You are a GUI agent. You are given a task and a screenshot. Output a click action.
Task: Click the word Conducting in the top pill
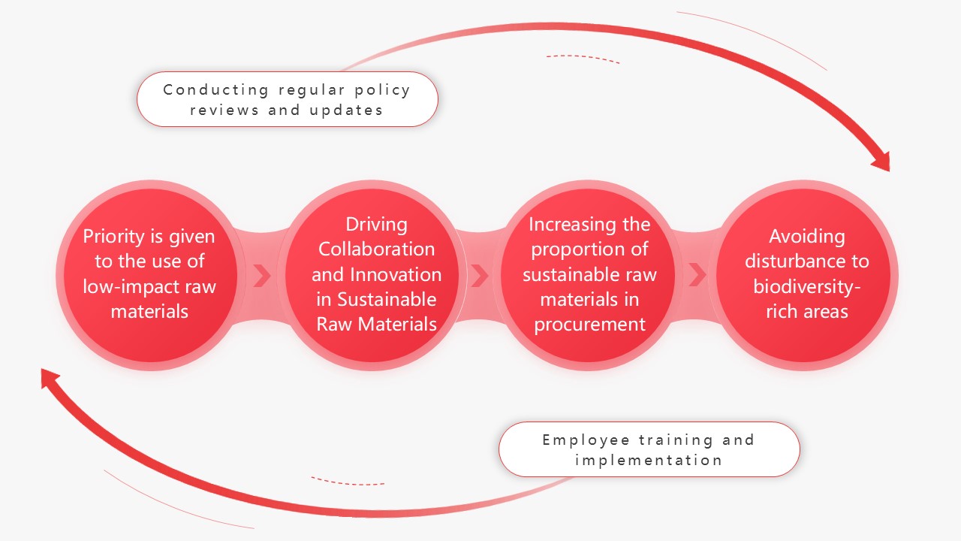click(x=215, y=90)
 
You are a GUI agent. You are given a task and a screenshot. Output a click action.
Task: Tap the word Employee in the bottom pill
click(x=586, y=440)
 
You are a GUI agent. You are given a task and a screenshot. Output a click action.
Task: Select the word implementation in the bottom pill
click(x=649, y=461)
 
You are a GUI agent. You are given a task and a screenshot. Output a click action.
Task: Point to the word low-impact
click(x=131, y=287)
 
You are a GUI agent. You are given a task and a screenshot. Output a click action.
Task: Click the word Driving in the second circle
click(x=376, y=225)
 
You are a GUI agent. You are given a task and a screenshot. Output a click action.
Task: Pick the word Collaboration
click(x=376, y=249)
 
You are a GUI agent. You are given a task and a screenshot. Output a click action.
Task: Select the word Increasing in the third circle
click(x=563, y=225)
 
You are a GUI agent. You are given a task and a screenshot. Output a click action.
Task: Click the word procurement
click(x=589, y=325)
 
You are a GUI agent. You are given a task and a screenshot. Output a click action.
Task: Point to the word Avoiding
click(x=807, y=237)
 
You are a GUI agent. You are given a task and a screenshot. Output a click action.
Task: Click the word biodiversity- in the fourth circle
click(x=807, y=287)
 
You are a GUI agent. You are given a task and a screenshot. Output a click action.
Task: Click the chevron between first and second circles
click(x=262, y=275)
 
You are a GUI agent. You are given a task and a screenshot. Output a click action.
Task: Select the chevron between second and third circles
click(x=480, y=275)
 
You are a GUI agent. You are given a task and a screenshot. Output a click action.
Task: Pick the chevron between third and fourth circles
click(x=697, y=275)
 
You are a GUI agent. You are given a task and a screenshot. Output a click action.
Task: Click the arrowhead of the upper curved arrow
click(x=883, y=162)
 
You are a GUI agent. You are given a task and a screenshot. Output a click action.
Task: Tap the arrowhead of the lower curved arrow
click(x=49, y=377)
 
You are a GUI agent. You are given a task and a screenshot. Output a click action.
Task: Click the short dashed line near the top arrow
click(x=583, y=58)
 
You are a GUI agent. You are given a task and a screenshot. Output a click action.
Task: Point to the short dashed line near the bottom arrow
click(x=348, y=482)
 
